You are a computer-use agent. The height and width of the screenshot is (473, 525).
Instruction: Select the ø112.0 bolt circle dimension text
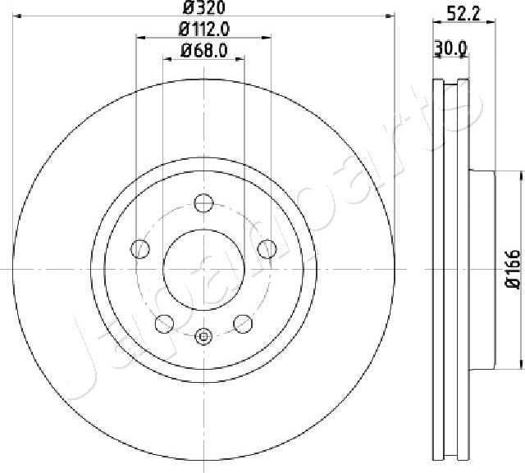coord(203,30)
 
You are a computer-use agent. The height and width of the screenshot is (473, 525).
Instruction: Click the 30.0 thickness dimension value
coord(450,48)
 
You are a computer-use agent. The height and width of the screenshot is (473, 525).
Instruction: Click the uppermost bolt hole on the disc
coord(204,202)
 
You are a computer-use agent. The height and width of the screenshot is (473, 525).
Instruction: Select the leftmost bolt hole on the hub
coord(141,248)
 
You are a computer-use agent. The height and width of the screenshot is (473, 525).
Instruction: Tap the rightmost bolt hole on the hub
coord(267,248)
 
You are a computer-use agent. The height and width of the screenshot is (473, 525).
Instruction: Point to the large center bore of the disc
coord(204,269)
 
